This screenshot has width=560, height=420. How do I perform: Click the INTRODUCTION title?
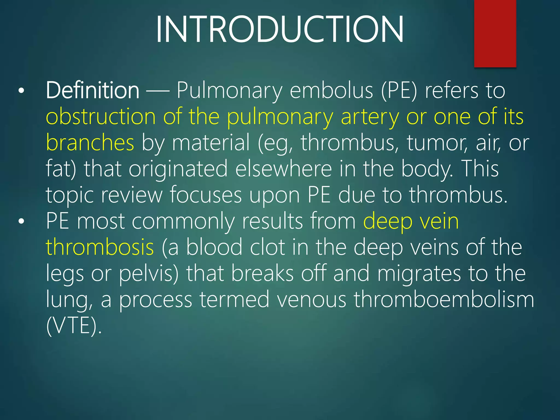pos(279,30)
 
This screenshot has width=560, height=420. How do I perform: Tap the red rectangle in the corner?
pos(495,33)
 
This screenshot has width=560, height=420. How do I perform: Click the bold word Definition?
pos(92,90)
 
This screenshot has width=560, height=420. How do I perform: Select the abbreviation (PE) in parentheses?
pos(399,91)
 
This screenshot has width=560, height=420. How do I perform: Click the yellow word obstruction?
pos(101,117)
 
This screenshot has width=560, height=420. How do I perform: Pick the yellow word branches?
pos(90,142)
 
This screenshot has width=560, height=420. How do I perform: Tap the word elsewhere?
pos(284,169)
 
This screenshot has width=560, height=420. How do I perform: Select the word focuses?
pos(206,195)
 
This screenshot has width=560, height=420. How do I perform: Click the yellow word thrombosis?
pos(100,247)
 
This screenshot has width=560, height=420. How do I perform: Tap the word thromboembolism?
pos(444,299)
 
